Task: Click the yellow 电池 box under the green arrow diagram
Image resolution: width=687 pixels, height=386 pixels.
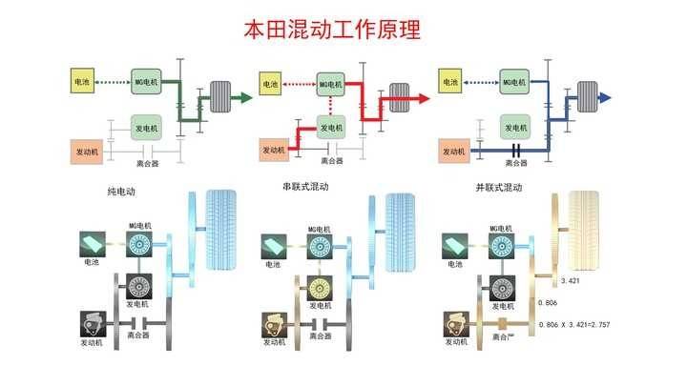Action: (x=80, y=82)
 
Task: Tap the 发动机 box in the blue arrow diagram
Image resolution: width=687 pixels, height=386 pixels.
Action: (x=454, y=151)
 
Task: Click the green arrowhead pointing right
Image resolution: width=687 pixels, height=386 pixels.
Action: (x=245, y=97)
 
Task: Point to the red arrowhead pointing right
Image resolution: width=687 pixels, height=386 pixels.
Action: (x=427, y=97)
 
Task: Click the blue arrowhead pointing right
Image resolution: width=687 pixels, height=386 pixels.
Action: (x=607, y=97)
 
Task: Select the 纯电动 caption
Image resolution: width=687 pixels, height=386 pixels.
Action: (x=121, y=192)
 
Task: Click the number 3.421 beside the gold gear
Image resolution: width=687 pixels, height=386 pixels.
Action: (x=571, y=281)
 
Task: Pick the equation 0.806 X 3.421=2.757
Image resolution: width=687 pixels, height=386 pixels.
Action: (x=574, y=324)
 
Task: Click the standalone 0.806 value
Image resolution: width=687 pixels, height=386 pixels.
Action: (x=548, y=303)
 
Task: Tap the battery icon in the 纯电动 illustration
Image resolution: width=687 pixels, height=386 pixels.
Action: (x=93, y=246)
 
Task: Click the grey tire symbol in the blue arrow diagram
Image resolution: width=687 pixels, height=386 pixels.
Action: (x=584, y=97)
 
